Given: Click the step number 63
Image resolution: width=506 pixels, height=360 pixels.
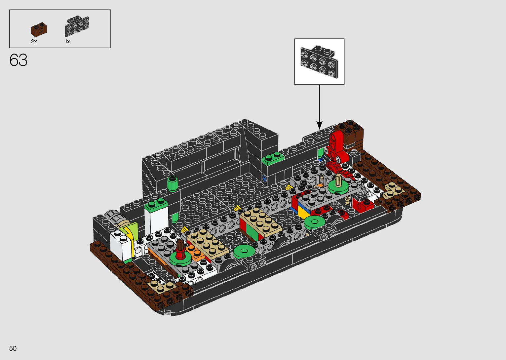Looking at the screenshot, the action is (18, 60).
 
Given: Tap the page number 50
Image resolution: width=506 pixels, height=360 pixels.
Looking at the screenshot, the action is (13, 348).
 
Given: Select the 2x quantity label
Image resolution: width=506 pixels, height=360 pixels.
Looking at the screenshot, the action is (34, 42).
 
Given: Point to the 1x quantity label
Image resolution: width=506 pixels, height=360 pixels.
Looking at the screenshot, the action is (67, 42).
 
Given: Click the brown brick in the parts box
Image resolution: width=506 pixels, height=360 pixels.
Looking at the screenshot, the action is (39, 30).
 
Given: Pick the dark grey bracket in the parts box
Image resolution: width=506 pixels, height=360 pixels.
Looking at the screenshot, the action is (77, 26).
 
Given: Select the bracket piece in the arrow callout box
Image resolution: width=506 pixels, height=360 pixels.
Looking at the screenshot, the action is (319, 61).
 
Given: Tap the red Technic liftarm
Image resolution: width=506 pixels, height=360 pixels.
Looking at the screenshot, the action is (337, 147).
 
